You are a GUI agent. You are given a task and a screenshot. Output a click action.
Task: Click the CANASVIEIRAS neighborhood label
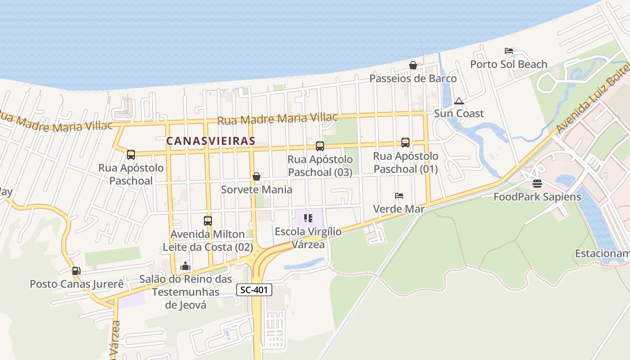pyautogui.click(x=211, y=141)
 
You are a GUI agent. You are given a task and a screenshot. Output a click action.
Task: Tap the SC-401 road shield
pyautogui.click(x=254, y=290)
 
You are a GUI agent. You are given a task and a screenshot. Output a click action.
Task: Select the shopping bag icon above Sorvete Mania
pyautogui.click(x=256, y=176)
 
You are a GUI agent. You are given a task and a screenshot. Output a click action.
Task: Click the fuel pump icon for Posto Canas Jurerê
pyautogui.click(x=76, y=271)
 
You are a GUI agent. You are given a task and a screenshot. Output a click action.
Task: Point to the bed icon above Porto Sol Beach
pyautogui.click(x=509, y=51)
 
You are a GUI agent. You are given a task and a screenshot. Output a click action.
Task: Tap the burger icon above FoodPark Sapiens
pyautogui.click(x=537, y=184)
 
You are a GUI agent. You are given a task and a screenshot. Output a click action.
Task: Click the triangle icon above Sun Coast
pyautogui.click(x=459, y=101)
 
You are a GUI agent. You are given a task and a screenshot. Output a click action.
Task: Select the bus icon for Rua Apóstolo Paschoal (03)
pyautogui.click(x=320, y=146)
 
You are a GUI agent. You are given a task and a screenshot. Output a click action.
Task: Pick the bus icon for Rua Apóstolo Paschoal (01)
pyautogui.click(x=405, y=143)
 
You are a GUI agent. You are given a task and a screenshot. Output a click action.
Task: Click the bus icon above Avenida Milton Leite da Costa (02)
pyautogui.click(x=207, y=221)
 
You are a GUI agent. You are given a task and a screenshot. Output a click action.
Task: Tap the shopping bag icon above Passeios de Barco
pyautogui.click(x=413, y=65)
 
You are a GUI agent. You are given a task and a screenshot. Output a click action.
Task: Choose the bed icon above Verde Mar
pyautogui.click(x=399, y=196)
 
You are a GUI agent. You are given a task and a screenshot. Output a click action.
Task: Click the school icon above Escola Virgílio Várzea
pyautogui.click(x=308, y=218)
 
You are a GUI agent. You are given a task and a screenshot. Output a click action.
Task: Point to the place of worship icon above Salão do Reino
pyautogui.click(x=185, y=266)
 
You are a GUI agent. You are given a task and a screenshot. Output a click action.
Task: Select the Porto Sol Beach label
pyautogui.click(x=508, y=64)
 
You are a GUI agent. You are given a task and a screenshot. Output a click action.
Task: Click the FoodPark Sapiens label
pyautogui.click(x=537, y=197)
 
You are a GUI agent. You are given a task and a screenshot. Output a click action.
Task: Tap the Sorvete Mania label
pyautogui.click(x=256, y=189)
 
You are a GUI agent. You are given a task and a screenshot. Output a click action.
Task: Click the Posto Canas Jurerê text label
pyautogui.click(x=76, y=284)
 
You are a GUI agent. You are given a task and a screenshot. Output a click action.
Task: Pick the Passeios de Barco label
pyautogui.click(x=413, y=78)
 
